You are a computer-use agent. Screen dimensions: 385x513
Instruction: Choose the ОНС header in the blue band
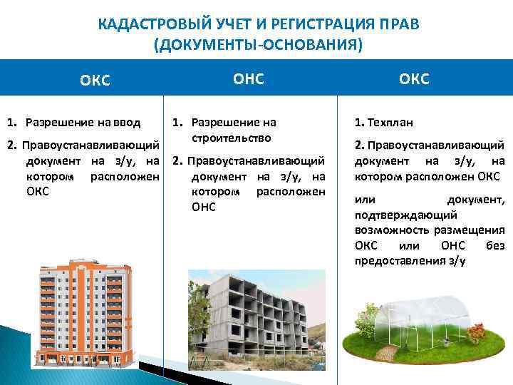coord(249,79)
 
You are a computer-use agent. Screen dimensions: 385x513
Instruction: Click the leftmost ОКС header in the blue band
coord(95,80)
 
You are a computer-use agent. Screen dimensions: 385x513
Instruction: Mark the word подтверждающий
coord(398,215)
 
